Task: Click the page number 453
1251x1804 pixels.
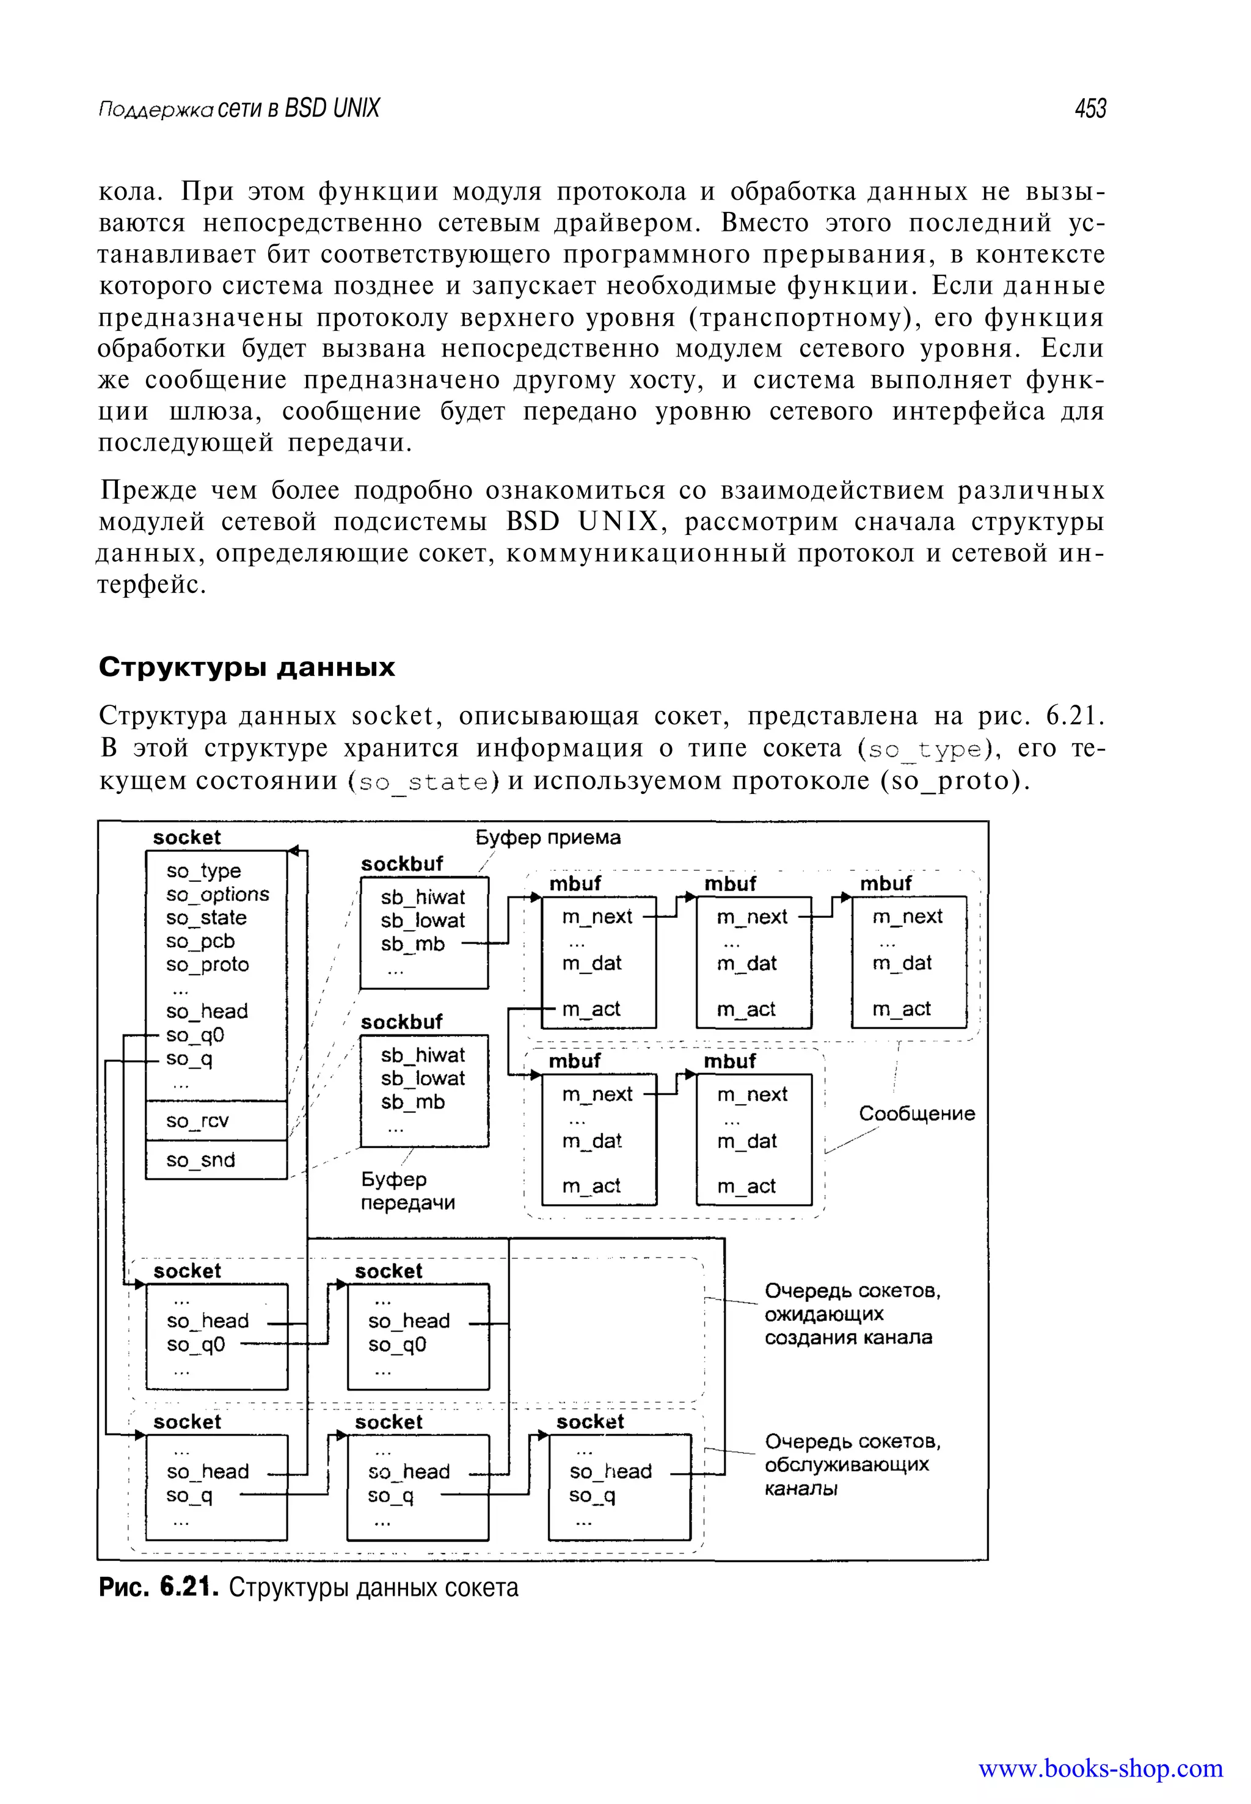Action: pos(1090,108)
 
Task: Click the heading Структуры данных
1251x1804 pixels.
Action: pos(247,667)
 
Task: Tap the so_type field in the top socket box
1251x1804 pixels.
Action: pos(203,871)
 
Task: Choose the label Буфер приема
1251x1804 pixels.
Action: pos(548,838)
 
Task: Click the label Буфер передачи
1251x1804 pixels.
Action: pos(407,1191)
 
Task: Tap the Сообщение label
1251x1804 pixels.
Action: pos(916,1113)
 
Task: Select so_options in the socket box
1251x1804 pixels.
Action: pos(217,894)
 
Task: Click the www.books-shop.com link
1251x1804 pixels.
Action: pos(1100,1769)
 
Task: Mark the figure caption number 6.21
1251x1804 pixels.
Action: pos(188,1587)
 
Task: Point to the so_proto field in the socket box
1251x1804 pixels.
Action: pos(207,965)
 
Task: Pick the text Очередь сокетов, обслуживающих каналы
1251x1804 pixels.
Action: pos(852,1464)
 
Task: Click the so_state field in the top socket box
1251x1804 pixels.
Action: pos(205,918)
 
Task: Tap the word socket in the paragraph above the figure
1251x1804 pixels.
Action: pos(392,716)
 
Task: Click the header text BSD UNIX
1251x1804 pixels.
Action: pos(332,108)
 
